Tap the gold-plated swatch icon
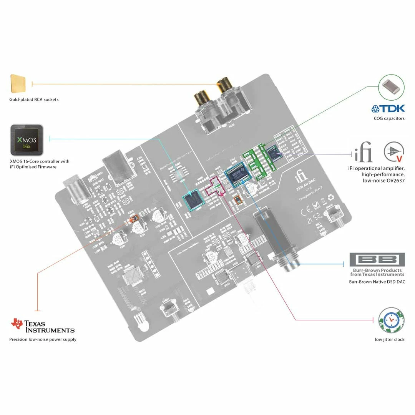coord(18,83)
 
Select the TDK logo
coord(388,109)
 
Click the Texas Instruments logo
coord(43,325)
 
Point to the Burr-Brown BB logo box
coord(377,260)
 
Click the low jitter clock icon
coord(391,320)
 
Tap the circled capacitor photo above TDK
coord(391,88)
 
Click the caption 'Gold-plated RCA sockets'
coord(34,100)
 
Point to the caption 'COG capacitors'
coord(389,118)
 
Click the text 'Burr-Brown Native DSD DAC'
coord(377,282)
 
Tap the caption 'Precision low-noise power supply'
coord(43,339)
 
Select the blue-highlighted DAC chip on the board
coord(237,176)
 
